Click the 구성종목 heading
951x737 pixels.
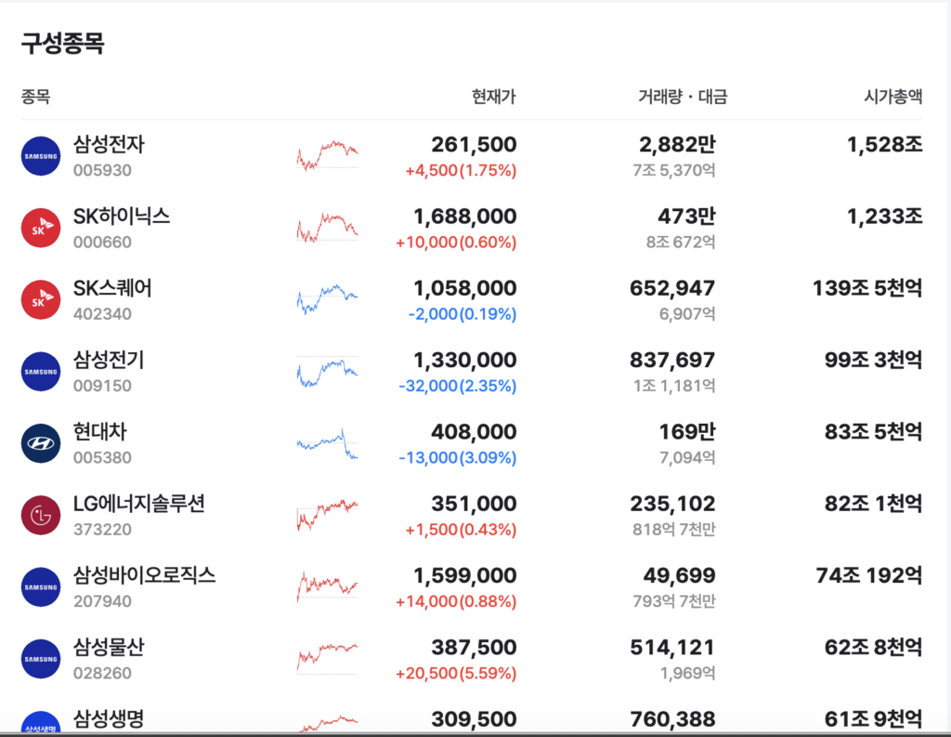pyautogui.click(x=62, y=43)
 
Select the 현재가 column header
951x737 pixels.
pyautogui.click(x=494, y=97)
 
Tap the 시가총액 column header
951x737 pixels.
pyautogui.click(x=892, y=97)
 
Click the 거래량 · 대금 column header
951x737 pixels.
pyautogui.click(x=683, y=97)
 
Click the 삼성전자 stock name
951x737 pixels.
pyautogui.click(x=110, y=144)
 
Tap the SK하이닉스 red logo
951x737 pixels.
pyautogui.click(x=41, y=228)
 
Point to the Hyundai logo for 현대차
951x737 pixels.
pyautogui.click(x=41, y=443)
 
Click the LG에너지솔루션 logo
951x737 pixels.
pyautogui.click(x=41, y=516)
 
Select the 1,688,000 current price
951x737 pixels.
pyautogui.click(x=464, y=217)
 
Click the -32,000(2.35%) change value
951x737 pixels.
pyautogui.click(x=457, y=386)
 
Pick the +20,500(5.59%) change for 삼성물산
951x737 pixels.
pyautogui.click(x=455, y=673)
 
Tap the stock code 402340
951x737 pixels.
pyautogui.click(x=102, y=314)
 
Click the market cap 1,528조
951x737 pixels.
pyautogui.click(x=885, y=144)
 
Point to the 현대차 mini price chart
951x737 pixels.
pyautogui.click(x=328, y=443)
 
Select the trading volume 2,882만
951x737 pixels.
pyautogui.click(x=677, y=144)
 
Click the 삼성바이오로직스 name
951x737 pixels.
pyautogui.click(x=144, y=575)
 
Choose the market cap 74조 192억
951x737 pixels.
pyautogui.click(x=869, y=575)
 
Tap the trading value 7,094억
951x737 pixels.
pyautogui.click(x=687, y=457)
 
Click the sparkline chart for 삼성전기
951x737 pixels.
pyautogui.click(x=328, y=372)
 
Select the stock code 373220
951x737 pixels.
pyautogui.click(x=102, y=530)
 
